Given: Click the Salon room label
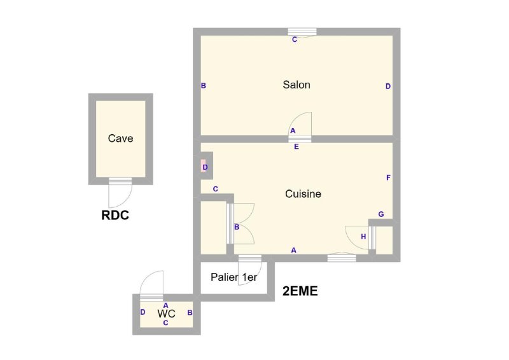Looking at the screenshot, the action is pyautogui.click(x=296, y=85).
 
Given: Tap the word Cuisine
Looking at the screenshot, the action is pyautogui.click(x=303, y=194).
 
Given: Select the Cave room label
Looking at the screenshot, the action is pyautogui.click(x=120, y=139).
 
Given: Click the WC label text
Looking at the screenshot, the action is pyautogui.click(x=166, y=314).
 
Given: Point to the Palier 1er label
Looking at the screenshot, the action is pyautogui.click(x=234, y=277).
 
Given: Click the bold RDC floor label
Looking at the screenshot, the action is pyautogui.click(x=115, y=215).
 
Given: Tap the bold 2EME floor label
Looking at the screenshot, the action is pyautogui.click(x=300, y=291).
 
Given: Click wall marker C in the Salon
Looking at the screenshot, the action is pyautogui.click(x=295, y=39).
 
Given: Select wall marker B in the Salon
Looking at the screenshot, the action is pyautogui.click(x=203, y=86).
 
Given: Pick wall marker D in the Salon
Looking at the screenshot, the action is pyautogui.click(x=388, y=87).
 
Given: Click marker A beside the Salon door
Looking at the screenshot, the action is pyautogui.click(x=293, y=130).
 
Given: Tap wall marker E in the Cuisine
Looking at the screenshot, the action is pyautogui.click(x=296, y=147).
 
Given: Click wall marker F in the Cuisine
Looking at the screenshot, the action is pyautogui.click(x=388, y=177).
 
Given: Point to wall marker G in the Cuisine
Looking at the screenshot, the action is pyautogui.click(x=381, y=214).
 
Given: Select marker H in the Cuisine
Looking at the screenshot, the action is pyautogui.click(x=363, y=237).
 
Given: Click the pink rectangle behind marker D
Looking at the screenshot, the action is pyautogui.click(x=204, y=165).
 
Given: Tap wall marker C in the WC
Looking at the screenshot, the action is pyautogui.click(x=165, y=323).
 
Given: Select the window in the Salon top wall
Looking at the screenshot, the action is pyautogui.click(x=302, y=32).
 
